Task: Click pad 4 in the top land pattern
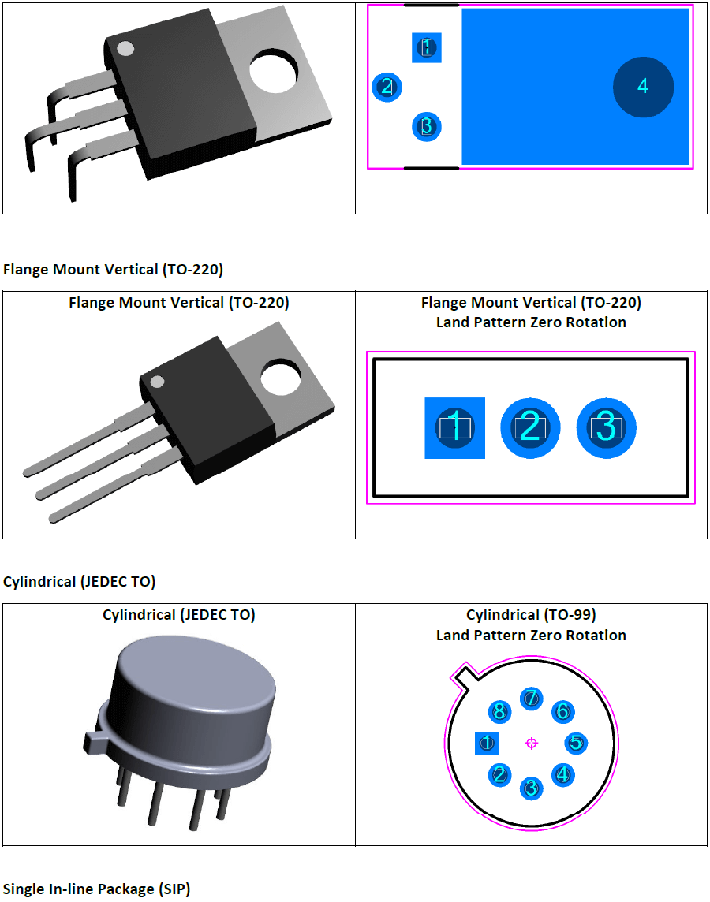click(643, 87)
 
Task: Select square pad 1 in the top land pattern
click(427, 47)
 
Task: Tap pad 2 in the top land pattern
click(387, 87)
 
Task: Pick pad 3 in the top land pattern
click(427, 126)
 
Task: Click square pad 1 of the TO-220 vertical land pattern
click(454, 427)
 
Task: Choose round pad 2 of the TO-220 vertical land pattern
click(530, 427)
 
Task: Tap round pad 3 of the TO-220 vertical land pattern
click(606, 427)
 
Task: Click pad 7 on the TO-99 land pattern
click(532, 698)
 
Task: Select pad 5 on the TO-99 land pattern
click(577, 743)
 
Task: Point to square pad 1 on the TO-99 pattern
click(486, 743)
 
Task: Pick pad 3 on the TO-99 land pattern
click(531, 788)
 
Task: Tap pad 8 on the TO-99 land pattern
click(499, 712)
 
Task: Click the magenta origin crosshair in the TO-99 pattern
click(531, 743)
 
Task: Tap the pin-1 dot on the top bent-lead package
click(125, 48)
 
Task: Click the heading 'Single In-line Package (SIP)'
click(96, 889)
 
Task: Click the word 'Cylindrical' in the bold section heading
click(39, 582)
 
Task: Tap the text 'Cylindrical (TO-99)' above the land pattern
click(531, 615)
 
